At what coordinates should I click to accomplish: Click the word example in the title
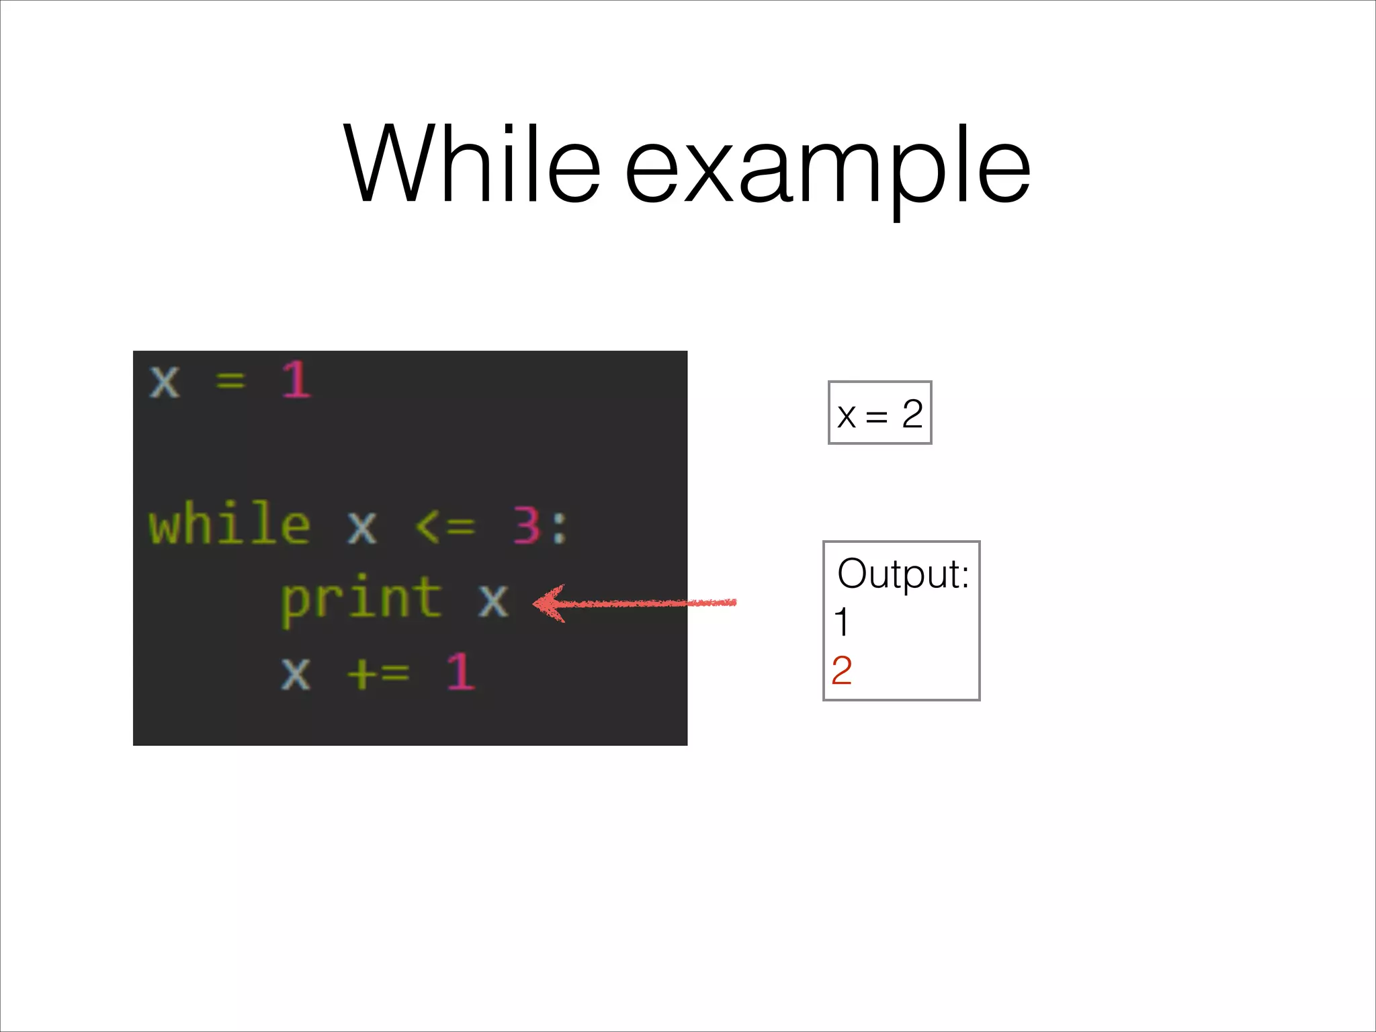[828, 168]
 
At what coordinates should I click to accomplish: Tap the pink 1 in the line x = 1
[296, 380]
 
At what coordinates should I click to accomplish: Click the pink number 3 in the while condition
[527, 525]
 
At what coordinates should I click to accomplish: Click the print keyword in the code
[361, 598]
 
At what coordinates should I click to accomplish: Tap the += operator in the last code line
[378, 671]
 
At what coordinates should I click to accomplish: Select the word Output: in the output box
[903, 574]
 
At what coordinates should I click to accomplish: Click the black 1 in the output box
[841, 622]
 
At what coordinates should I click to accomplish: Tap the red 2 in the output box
[842, 671]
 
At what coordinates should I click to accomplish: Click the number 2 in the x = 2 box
[912, 414]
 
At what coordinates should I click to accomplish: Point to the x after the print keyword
[493, 599]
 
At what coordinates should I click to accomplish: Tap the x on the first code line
[165, 382]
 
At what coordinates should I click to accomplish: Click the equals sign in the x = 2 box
[877, 417]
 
